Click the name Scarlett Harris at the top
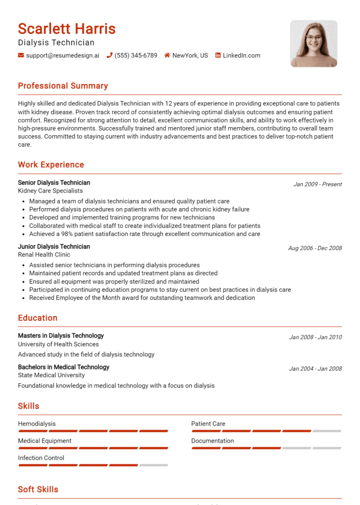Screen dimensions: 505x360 67,29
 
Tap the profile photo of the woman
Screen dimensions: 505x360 314,44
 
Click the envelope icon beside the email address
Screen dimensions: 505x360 21,55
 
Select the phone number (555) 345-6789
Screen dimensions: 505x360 136,55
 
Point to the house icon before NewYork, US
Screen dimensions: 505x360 167,55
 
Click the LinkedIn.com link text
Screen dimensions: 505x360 241,55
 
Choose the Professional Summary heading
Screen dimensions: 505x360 63,86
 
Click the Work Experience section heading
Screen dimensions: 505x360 51,164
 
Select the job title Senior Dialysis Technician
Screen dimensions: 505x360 54,183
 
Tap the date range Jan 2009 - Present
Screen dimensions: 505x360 317,184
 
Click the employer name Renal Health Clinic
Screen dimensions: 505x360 44,255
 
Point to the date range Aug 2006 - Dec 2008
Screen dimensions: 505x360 315,248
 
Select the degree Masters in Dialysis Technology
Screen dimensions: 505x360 61,336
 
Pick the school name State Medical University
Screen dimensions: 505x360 52,375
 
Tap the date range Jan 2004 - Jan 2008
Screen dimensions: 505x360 315,369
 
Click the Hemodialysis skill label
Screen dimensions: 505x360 37,423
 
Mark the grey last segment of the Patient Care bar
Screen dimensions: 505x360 327,431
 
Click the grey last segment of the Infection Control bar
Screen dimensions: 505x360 153,465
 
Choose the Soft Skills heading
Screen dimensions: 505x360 38,490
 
